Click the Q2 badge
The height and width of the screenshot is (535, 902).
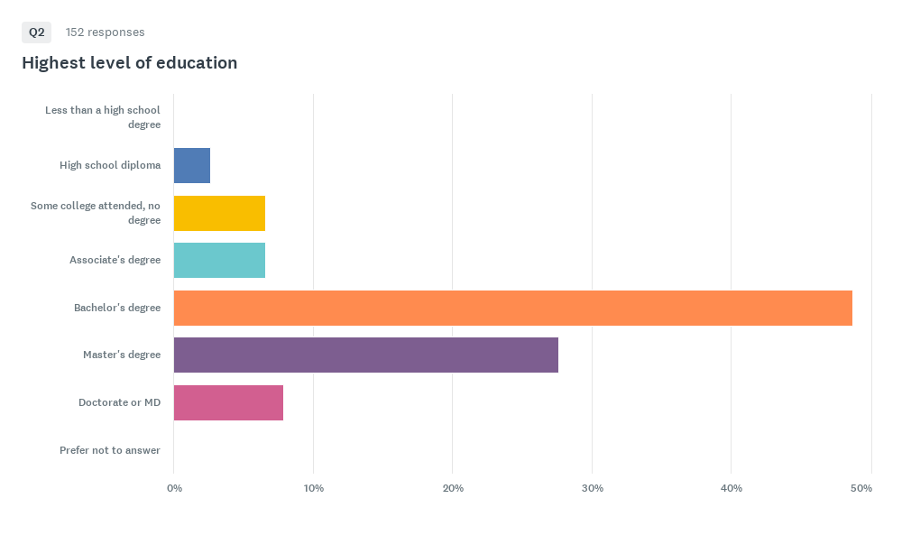[x=36, y=32]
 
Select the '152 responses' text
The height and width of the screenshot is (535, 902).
[x=106, y=32]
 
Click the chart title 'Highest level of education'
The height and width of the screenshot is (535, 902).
[x=129, y=63]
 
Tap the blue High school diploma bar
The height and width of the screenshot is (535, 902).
[x=192, y=166]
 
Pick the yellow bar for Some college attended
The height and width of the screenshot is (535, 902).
[x=220, y=214]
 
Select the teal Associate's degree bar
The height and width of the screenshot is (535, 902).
[x=220, y=260]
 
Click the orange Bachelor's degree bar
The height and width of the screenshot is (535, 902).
[x=513, y=308]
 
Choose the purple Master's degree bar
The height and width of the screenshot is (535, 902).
[x=366, y=355]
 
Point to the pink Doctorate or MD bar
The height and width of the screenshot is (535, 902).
[x=228, y=402]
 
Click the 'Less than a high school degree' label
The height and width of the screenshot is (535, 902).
[x=103, y=116]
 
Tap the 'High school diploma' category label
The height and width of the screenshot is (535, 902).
[x=110, y=165]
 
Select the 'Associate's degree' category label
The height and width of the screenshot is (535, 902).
[x=115, y=260]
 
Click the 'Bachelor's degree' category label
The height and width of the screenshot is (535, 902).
[x=117, y=308]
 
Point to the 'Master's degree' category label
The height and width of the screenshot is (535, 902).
[x=122, y=355]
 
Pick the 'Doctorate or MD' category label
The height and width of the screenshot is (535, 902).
[x=120, y=402]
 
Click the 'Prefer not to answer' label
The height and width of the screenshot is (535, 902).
[x=110, y=450]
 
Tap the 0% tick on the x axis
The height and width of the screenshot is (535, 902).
[x=174, y=488]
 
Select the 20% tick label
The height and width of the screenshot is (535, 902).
[x=453, y=488]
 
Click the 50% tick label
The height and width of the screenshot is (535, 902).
[x=861, y=488]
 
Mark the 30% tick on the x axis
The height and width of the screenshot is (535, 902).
[x=593, y=488]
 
